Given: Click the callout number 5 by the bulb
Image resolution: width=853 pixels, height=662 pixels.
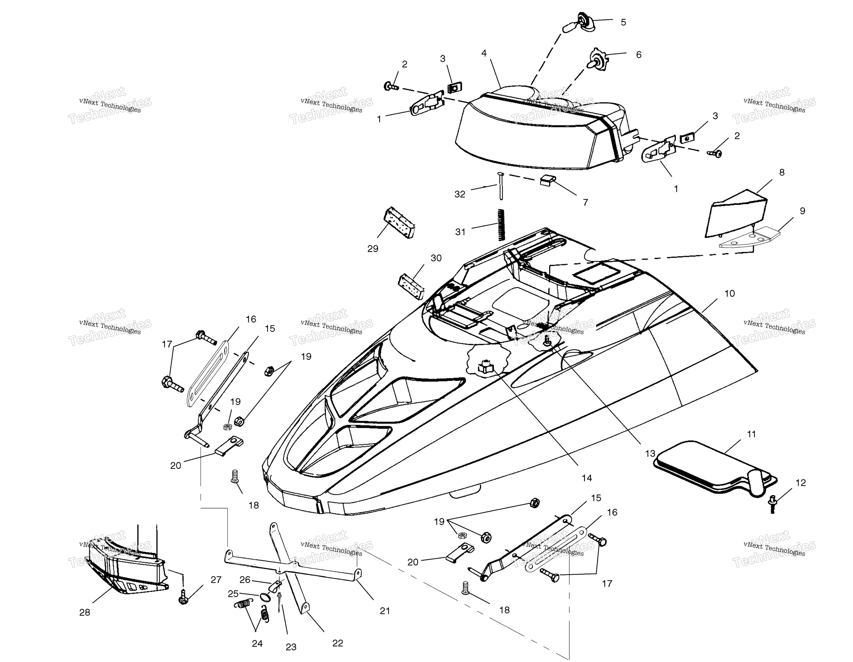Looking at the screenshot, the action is [x=623, y=22].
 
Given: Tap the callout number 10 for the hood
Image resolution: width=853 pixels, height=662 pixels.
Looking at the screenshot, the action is [x=730, y=293].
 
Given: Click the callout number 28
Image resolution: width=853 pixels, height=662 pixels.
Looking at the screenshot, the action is [x=85, y=612].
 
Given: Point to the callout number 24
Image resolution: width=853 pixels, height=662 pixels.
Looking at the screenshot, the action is [x=257, y=643].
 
